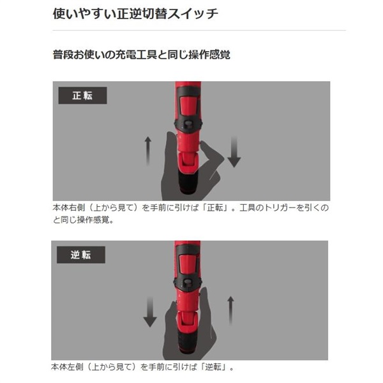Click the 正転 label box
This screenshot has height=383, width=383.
[x=82, y=96]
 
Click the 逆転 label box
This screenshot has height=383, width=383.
[x=81, y=255]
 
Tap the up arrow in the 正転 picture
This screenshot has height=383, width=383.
[x=148, y=151]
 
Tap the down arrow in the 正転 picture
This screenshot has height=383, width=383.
[x=234, y=152]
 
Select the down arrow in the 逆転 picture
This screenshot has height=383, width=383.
[x=150, y=312]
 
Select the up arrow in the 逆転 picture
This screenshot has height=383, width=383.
[x=230, y=311]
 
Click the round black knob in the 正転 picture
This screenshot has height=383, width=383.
[x=188, y=124]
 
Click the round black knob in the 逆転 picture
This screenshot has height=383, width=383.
[x=188, y=283]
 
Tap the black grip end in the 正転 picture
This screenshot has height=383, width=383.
[x=188, y=181]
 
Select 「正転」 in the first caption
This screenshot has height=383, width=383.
[x=216, y=207]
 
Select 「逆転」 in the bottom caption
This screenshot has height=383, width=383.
[x=213, y=366]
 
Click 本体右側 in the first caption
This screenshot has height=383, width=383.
[x=69, y=207]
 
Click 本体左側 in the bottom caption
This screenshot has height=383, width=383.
[x=67, y=366]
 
